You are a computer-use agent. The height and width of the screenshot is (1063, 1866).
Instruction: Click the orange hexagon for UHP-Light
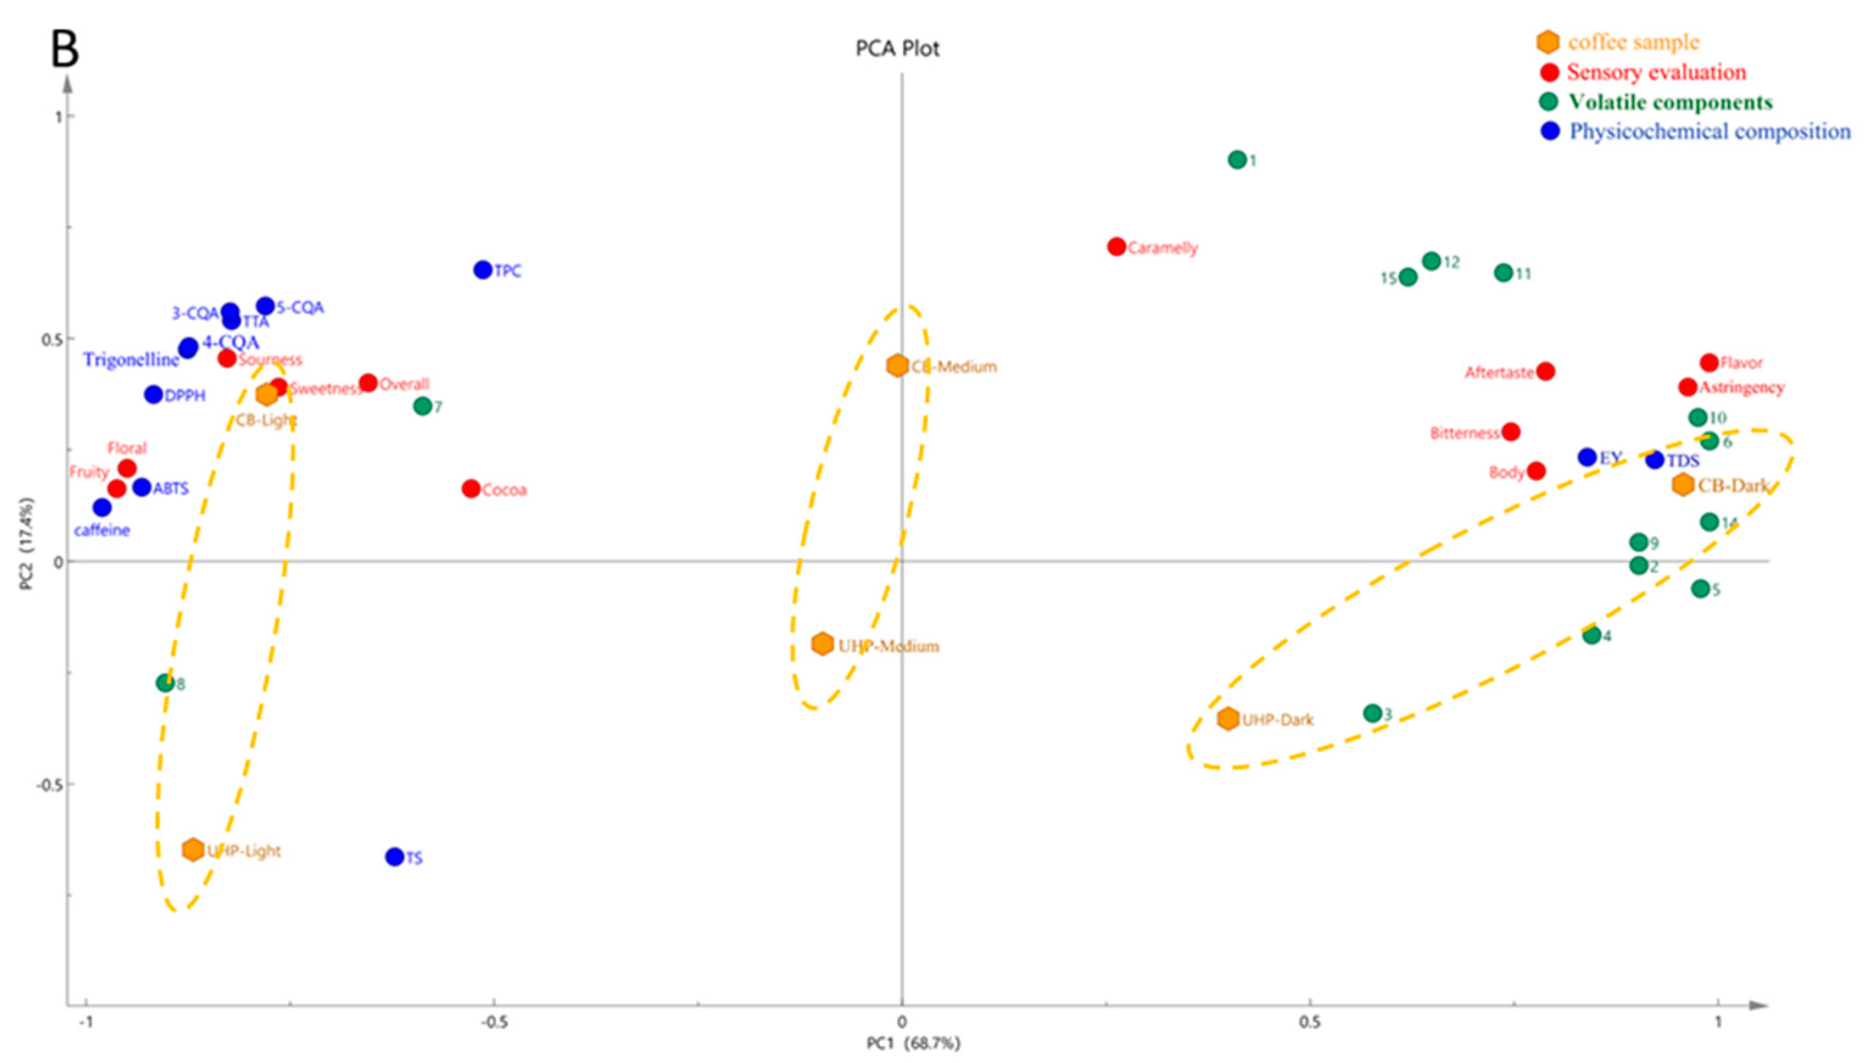coord(193,849)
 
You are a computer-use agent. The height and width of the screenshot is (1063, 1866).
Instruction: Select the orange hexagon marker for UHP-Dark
coord(1228,718)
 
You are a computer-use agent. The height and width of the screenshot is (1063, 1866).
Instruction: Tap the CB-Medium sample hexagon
coord(898,366)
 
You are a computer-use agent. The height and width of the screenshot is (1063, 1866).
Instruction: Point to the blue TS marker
coord(395,857)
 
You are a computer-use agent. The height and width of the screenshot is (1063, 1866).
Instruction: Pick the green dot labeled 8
coord(166,683)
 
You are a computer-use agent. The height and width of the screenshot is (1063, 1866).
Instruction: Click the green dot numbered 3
coord(1373,714)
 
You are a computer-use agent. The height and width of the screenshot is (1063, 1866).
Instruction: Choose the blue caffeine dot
coord(102,507)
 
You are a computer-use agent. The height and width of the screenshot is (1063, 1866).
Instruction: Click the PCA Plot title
coord(898,49)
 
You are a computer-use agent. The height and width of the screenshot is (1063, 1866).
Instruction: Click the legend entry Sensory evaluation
coord(1657,72)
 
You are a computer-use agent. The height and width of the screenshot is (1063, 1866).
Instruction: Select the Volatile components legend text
coord(1671,102)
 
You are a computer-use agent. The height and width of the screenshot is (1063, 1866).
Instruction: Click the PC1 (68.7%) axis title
coord(913,1044)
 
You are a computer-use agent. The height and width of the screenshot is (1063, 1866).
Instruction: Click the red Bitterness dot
coord(1511,432)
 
